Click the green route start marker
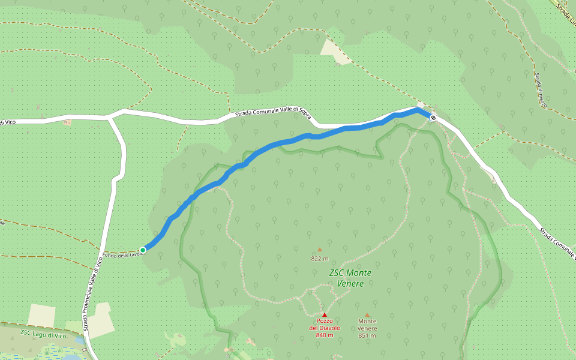[x=143, y=250]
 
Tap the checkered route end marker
[x=433, y=118]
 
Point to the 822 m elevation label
[x=320, y=259]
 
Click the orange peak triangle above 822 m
[x=320, y=250]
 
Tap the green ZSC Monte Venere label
[x=350, y=278]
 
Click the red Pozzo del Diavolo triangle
[x=325, y=314]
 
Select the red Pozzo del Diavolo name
[x=325, y=325]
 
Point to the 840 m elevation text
[x=325, y=335]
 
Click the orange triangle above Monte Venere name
[x=367, y=314]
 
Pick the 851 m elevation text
[x=367, y=335]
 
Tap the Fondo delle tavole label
[x=122, y=254]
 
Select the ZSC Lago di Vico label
[x=43, y=334]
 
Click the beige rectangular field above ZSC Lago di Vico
[x=41, y=316]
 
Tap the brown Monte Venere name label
[x=367, y=325]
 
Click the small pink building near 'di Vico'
[x=67, y=122]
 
